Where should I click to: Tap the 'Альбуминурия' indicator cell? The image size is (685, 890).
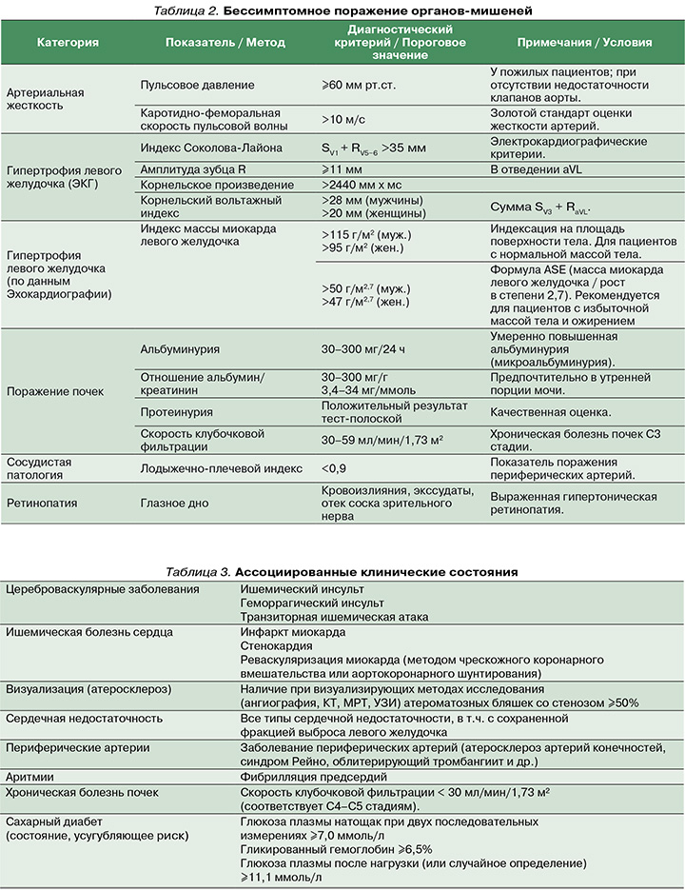point(180,349)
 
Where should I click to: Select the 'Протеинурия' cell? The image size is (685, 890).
point(176,412)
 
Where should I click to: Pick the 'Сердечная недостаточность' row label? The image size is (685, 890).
point(84,719)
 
